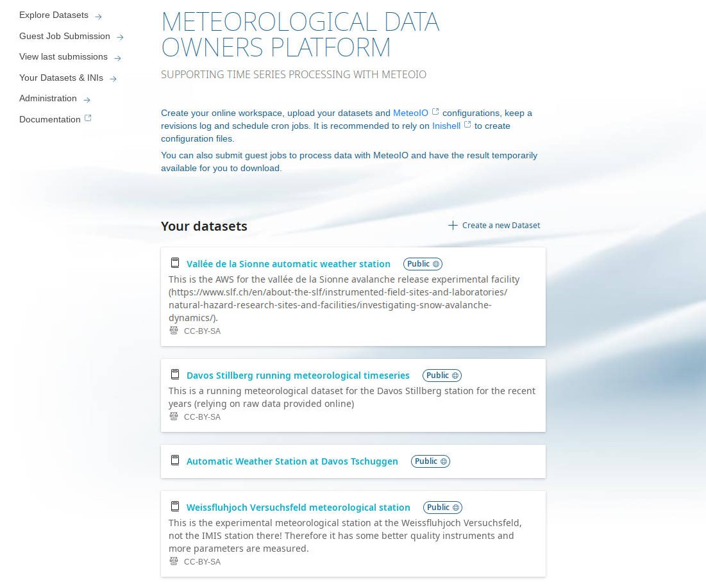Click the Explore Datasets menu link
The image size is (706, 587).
click(x=54, y=15)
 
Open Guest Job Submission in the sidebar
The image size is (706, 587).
click(x=65, y=37)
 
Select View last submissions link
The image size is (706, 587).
click(x=63, y=57)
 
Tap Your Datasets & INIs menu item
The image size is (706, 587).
click(x=61, y=78)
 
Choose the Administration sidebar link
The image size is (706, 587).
click(x=48, y=99)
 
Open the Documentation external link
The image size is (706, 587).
click(x=50, y=119)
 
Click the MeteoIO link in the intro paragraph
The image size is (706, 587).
click(x=410, y=113)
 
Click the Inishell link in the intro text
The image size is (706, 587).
click(x=446, y=126)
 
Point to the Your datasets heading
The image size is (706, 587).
click(x=204, y=226)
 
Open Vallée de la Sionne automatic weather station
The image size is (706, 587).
click(x=288, y=264)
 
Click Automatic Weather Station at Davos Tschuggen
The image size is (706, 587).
click(x=292, y=461)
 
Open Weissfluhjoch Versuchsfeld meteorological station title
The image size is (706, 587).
click(x=298, y=508)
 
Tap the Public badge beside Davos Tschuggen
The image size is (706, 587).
click(x=431, y=461)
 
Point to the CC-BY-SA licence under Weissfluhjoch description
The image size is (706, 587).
click(x=202, y=562)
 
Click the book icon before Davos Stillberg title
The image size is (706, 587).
click(x=174, y=375)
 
